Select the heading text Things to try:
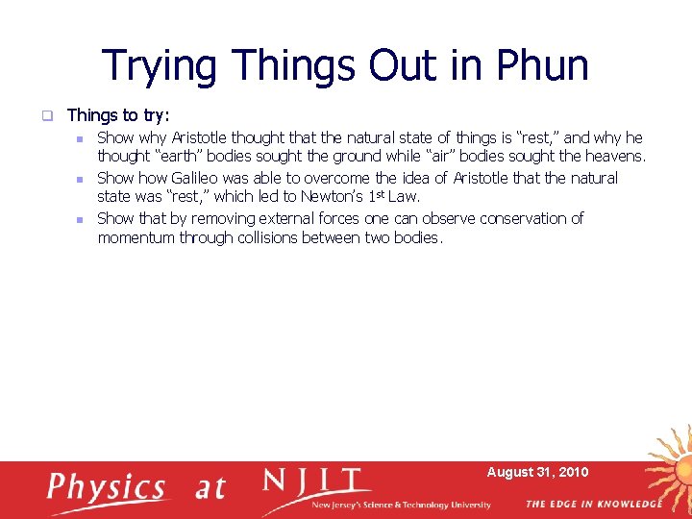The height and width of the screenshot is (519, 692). click(118, 115)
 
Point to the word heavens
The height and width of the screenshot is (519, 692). click(615, 156)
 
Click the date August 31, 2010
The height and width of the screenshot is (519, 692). click(537, 472)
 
